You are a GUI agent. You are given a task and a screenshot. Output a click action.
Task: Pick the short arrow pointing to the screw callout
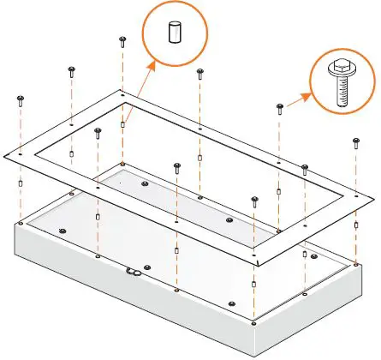click(297, 100)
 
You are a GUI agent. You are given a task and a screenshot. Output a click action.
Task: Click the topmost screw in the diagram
click(123, 39)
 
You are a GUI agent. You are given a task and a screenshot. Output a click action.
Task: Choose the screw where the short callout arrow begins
click(279, 107)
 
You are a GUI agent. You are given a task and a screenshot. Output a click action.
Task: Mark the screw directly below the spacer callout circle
click(199, 72)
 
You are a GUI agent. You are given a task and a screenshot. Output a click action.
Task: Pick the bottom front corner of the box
click(256, 354)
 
